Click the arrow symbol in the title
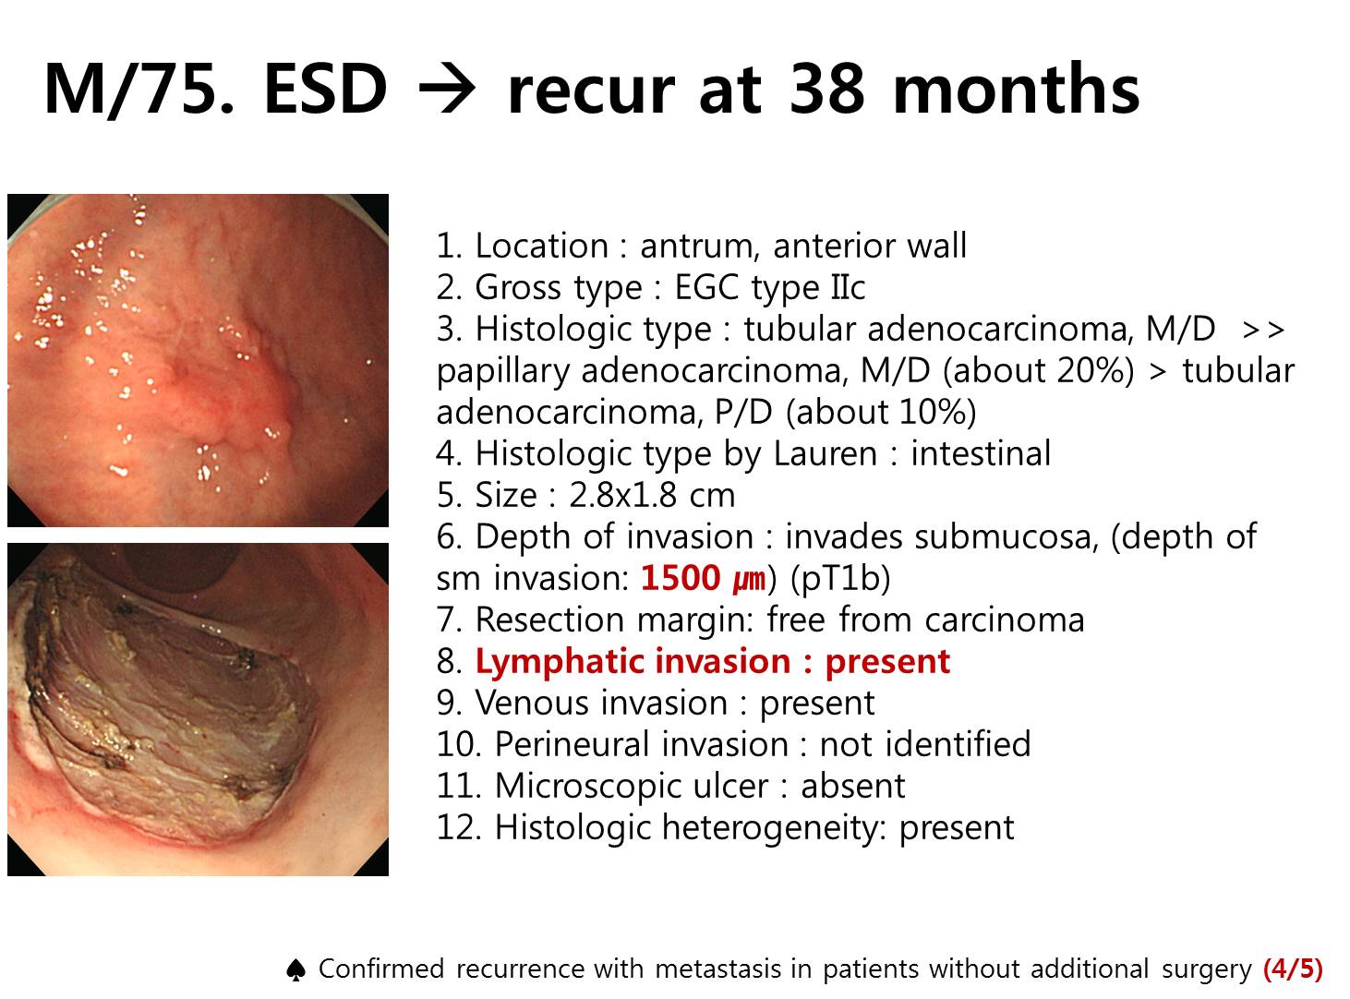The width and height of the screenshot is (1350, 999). click(447, 90)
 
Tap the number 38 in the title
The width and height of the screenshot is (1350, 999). click(826, 89)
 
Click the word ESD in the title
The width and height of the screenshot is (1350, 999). click(325, 89)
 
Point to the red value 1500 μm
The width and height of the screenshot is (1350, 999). click(703, 577)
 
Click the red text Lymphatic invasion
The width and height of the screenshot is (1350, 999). click(633, 661)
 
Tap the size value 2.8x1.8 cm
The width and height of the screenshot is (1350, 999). click(652, 494)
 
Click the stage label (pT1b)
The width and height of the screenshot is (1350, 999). click(840, 578)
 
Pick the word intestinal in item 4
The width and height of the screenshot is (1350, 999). click(980, 453)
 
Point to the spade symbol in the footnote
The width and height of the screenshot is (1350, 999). click(295, 969)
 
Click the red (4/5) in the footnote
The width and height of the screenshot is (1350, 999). click(1293, 969)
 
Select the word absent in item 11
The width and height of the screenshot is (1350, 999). click(852, 786)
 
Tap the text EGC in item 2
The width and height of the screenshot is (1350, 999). click(706, 287)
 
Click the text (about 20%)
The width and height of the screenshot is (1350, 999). click(1039, 371)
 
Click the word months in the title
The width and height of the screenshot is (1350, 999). click(1015, 89)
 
